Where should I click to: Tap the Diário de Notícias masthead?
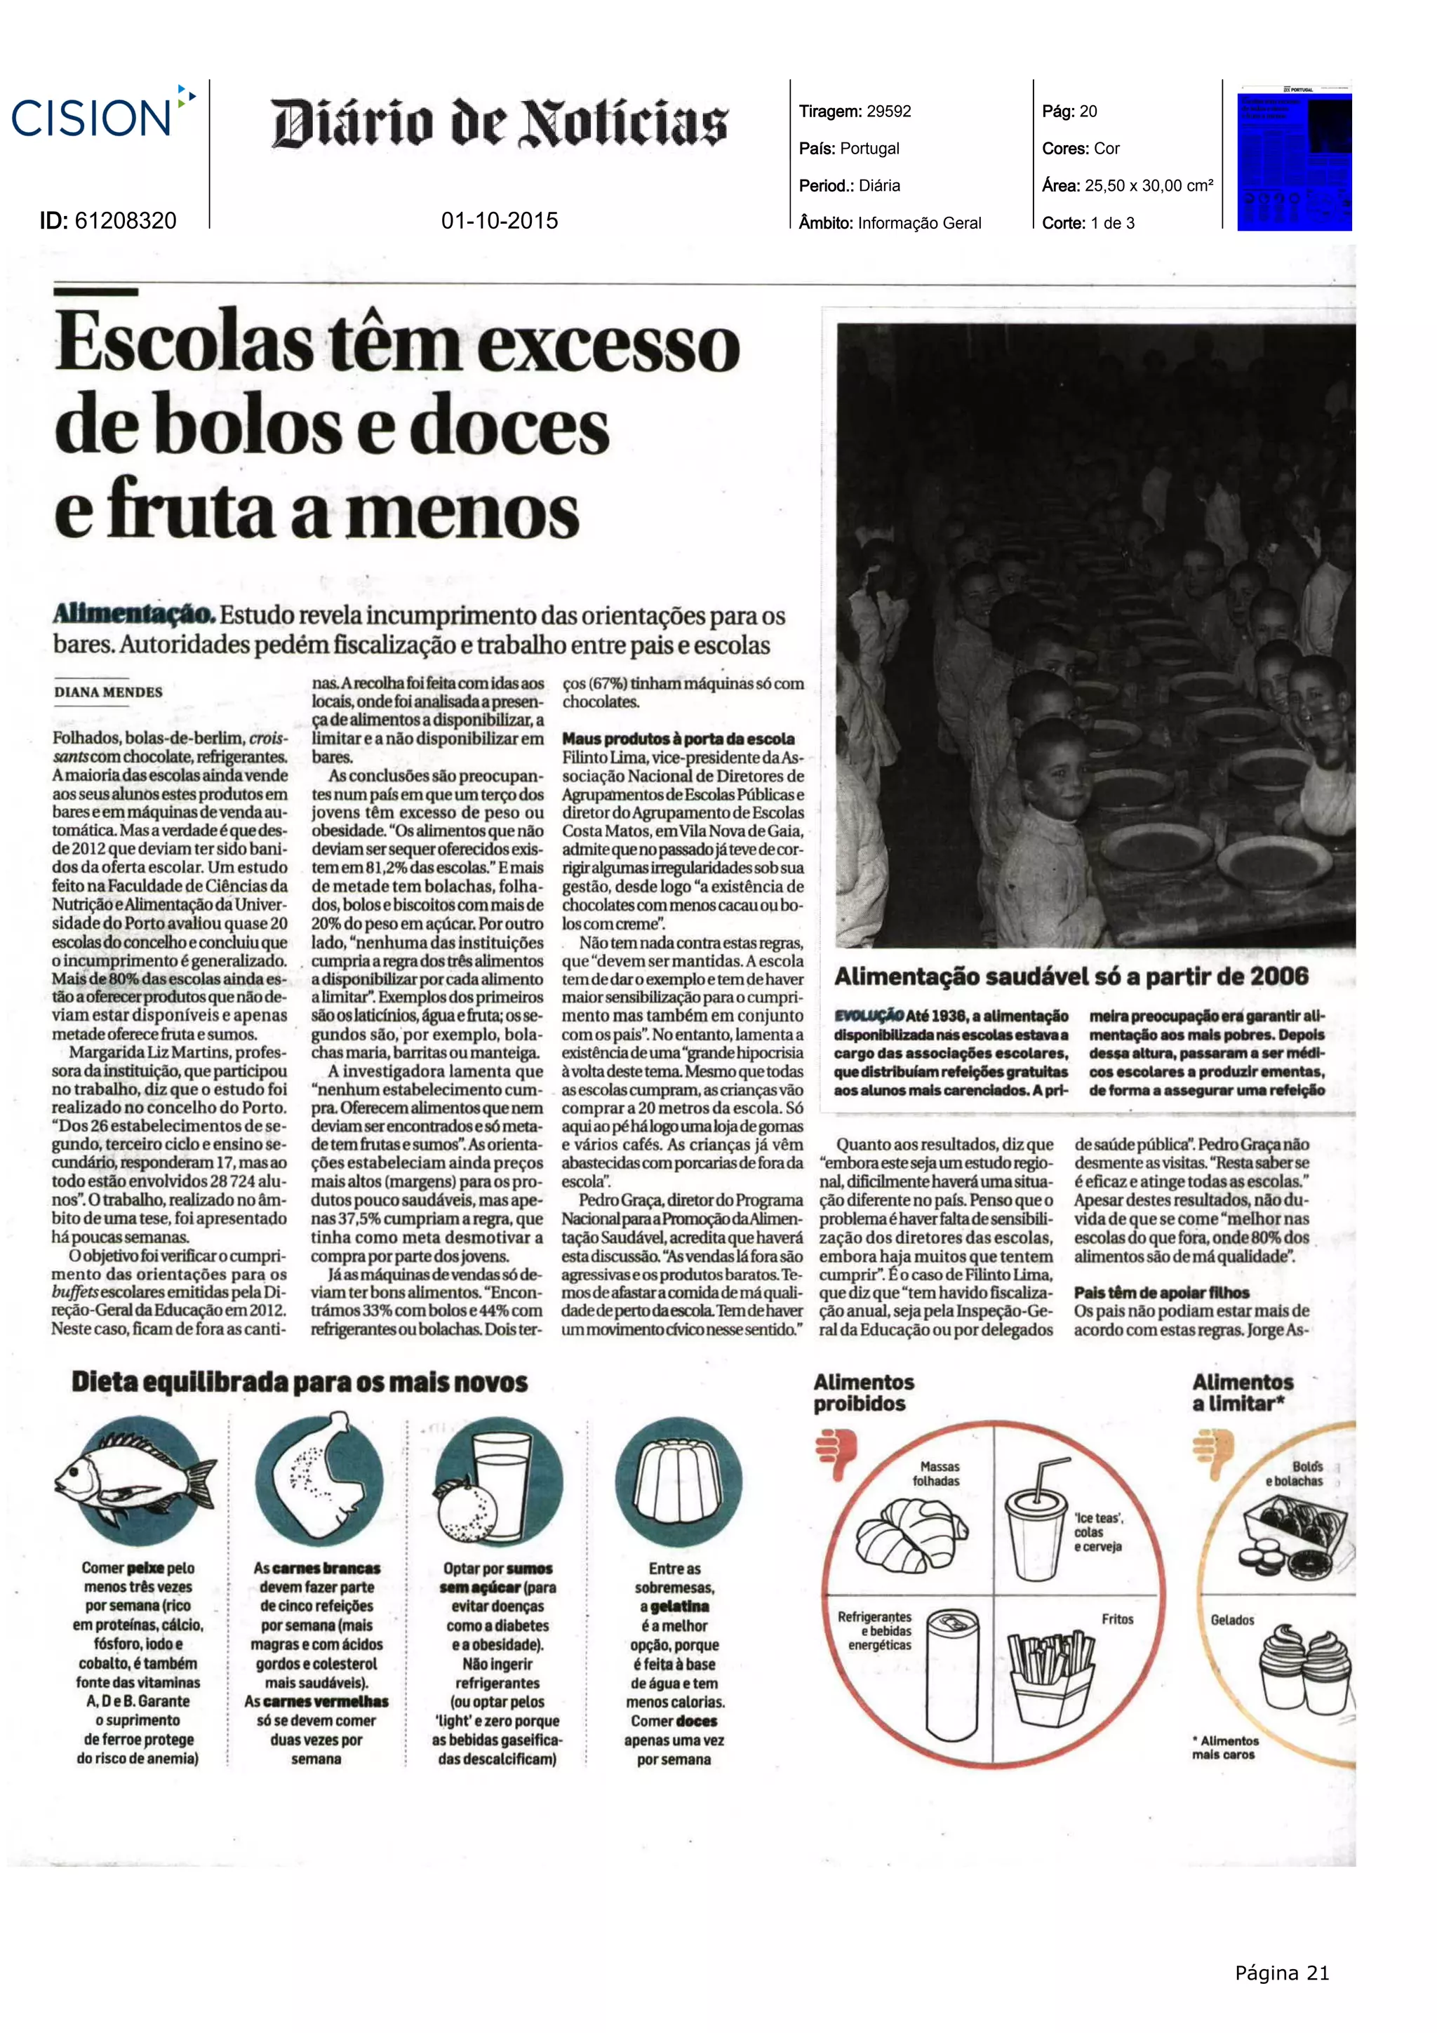[500, 123]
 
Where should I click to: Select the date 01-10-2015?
[500, 220]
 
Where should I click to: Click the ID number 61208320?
[125, 220]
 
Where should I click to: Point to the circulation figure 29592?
[888, 112]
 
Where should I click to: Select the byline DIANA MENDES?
[108, 692]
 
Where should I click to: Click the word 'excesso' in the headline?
[609, 345]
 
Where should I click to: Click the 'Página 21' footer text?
[1281, 1973]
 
